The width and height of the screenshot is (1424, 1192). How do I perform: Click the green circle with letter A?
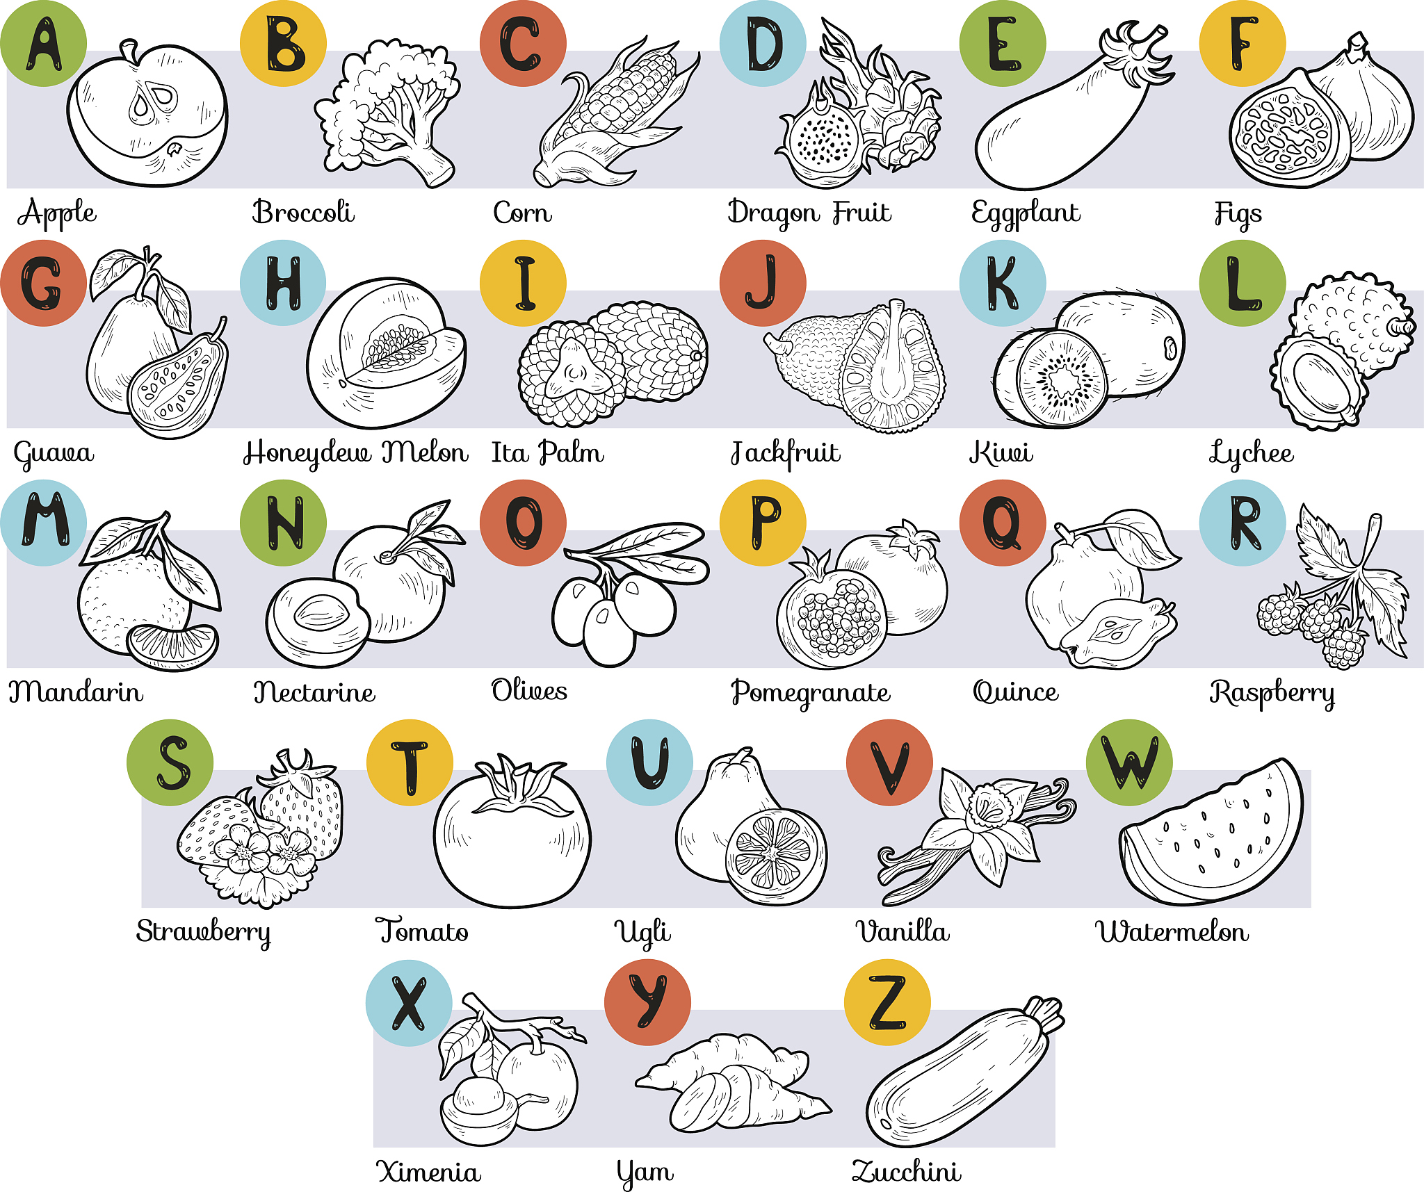point(43,43)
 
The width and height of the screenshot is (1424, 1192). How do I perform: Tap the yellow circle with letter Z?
point(887,1002)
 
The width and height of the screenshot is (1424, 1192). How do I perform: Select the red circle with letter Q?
point(1003,523)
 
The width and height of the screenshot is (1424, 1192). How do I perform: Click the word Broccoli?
point(303,212)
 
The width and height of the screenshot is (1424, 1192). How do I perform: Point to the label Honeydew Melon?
point(355,453)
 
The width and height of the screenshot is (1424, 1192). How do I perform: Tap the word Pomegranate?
point(811,693)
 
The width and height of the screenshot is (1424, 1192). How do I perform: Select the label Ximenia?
point(428,1172)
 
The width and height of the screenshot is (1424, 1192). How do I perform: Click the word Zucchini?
point(907,1171)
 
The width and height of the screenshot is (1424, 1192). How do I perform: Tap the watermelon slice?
point(1211,834)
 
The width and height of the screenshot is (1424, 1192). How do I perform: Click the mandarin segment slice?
point(172,646)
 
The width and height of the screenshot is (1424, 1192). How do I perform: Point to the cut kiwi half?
point(1051,379)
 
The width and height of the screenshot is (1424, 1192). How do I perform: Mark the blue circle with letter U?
point(649,762)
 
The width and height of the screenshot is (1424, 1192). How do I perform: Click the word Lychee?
point(1251,453)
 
